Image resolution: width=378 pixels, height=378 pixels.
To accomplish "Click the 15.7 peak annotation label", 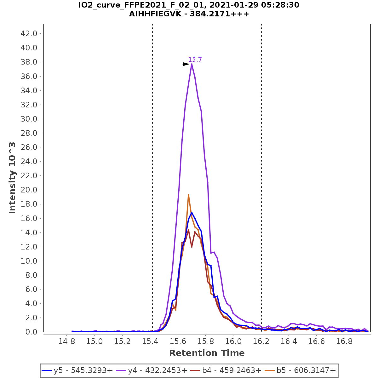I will [x=195, y=60].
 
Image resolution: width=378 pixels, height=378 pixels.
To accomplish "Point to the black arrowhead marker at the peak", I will [x=186, y=64].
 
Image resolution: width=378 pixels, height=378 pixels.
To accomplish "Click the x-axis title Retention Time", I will [x=207, y=353].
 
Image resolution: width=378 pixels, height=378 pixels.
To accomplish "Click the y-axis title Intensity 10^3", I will [x=12, y=178].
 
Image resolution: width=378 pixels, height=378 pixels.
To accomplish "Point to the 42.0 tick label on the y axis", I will [x=29, y=33].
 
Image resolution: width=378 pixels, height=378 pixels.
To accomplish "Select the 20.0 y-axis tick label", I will [x=29, y=190].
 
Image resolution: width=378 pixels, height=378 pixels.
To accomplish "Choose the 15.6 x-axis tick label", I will [x=178, y=341].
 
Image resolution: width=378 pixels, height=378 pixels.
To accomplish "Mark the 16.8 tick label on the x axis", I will [x=344, y=341].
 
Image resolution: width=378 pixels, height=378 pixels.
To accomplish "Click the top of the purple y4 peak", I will [x=192, y=64].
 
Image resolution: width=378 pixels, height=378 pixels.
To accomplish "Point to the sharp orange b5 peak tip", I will [x=188, y=195].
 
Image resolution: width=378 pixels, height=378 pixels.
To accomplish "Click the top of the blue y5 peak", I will [x=192, y=212].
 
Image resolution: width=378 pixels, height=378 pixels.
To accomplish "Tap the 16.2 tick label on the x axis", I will [x=261, y=341].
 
